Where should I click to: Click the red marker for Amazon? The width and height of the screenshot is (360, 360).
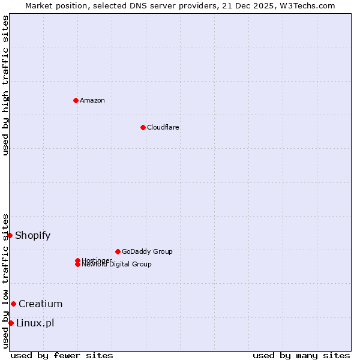(76, 100)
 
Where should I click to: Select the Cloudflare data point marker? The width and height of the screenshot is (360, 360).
(143, 127)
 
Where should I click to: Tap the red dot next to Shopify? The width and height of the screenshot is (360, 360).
(10, 235)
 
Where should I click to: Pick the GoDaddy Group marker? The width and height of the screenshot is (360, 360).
(118, 251)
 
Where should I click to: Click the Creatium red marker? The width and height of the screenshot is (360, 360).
(13, 304)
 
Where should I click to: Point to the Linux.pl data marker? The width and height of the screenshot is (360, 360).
(11, 323)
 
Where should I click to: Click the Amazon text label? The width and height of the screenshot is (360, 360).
(92, 100)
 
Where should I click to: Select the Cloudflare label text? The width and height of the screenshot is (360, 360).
(163, 127)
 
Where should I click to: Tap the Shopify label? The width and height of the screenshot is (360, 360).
(33, 235)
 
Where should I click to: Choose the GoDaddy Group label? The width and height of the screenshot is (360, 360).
(147, 251)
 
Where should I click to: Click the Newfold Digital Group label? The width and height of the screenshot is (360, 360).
(117, 265)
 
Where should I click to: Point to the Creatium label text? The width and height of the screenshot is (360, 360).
(41, 304)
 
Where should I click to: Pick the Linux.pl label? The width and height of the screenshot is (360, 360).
(35, 323)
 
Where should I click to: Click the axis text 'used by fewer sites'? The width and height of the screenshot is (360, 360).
(62, 355)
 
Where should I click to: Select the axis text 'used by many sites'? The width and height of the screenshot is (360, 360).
(301, 355)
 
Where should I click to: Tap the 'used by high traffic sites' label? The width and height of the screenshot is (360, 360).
(6, 85)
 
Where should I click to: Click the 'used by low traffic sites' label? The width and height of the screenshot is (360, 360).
(6, 281)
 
